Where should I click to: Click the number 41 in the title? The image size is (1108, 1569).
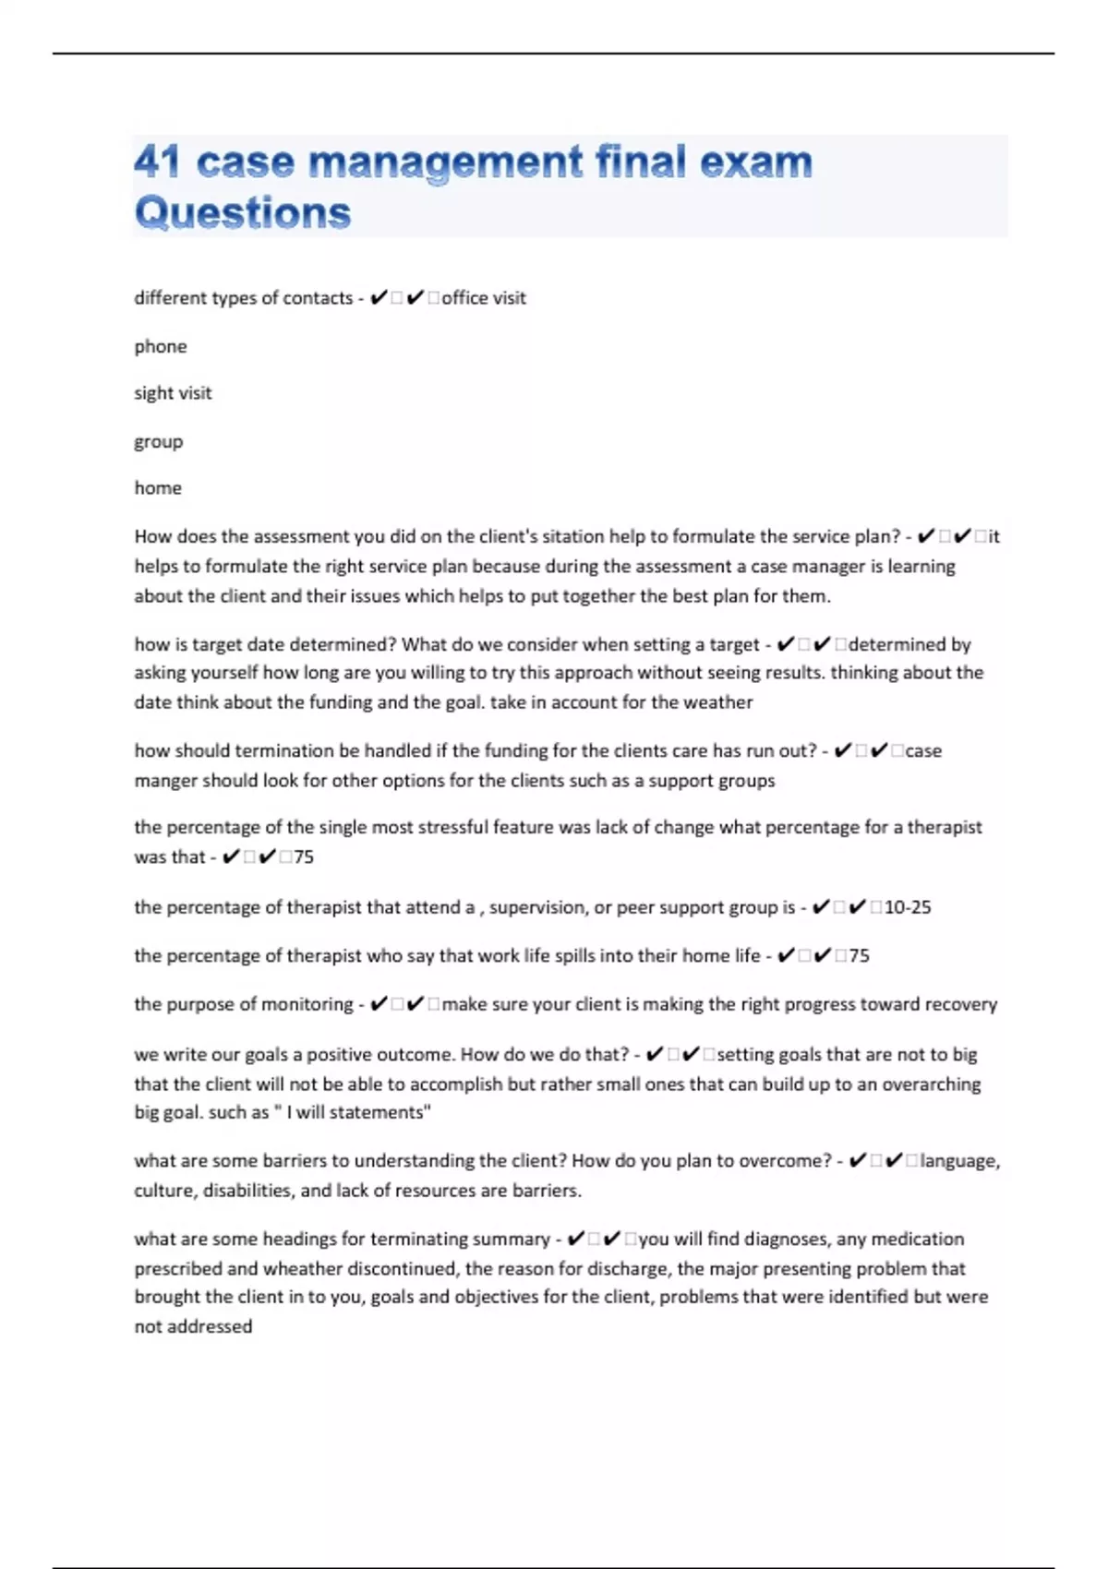click(x=157, y=162)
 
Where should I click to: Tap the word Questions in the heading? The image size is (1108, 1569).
click(x=243, y=212)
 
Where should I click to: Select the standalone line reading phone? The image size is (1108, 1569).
click(x=161, y=346)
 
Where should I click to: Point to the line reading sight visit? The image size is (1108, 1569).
click(x=173, y=393)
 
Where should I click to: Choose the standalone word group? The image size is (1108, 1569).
click(x=159, y=441)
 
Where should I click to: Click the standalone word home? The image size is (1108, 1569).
click(x=158, y=488)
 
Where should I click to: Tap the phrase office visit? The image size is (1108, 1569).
click(x=484, y=298)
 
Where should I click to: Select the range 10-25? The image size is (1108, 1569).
click(x=908, y=907)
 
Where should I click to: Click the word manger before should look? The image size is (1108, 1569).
click(x=165, y=781)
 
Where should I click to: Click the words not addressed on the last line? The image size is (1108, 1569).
click(x=193, y=1326)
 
